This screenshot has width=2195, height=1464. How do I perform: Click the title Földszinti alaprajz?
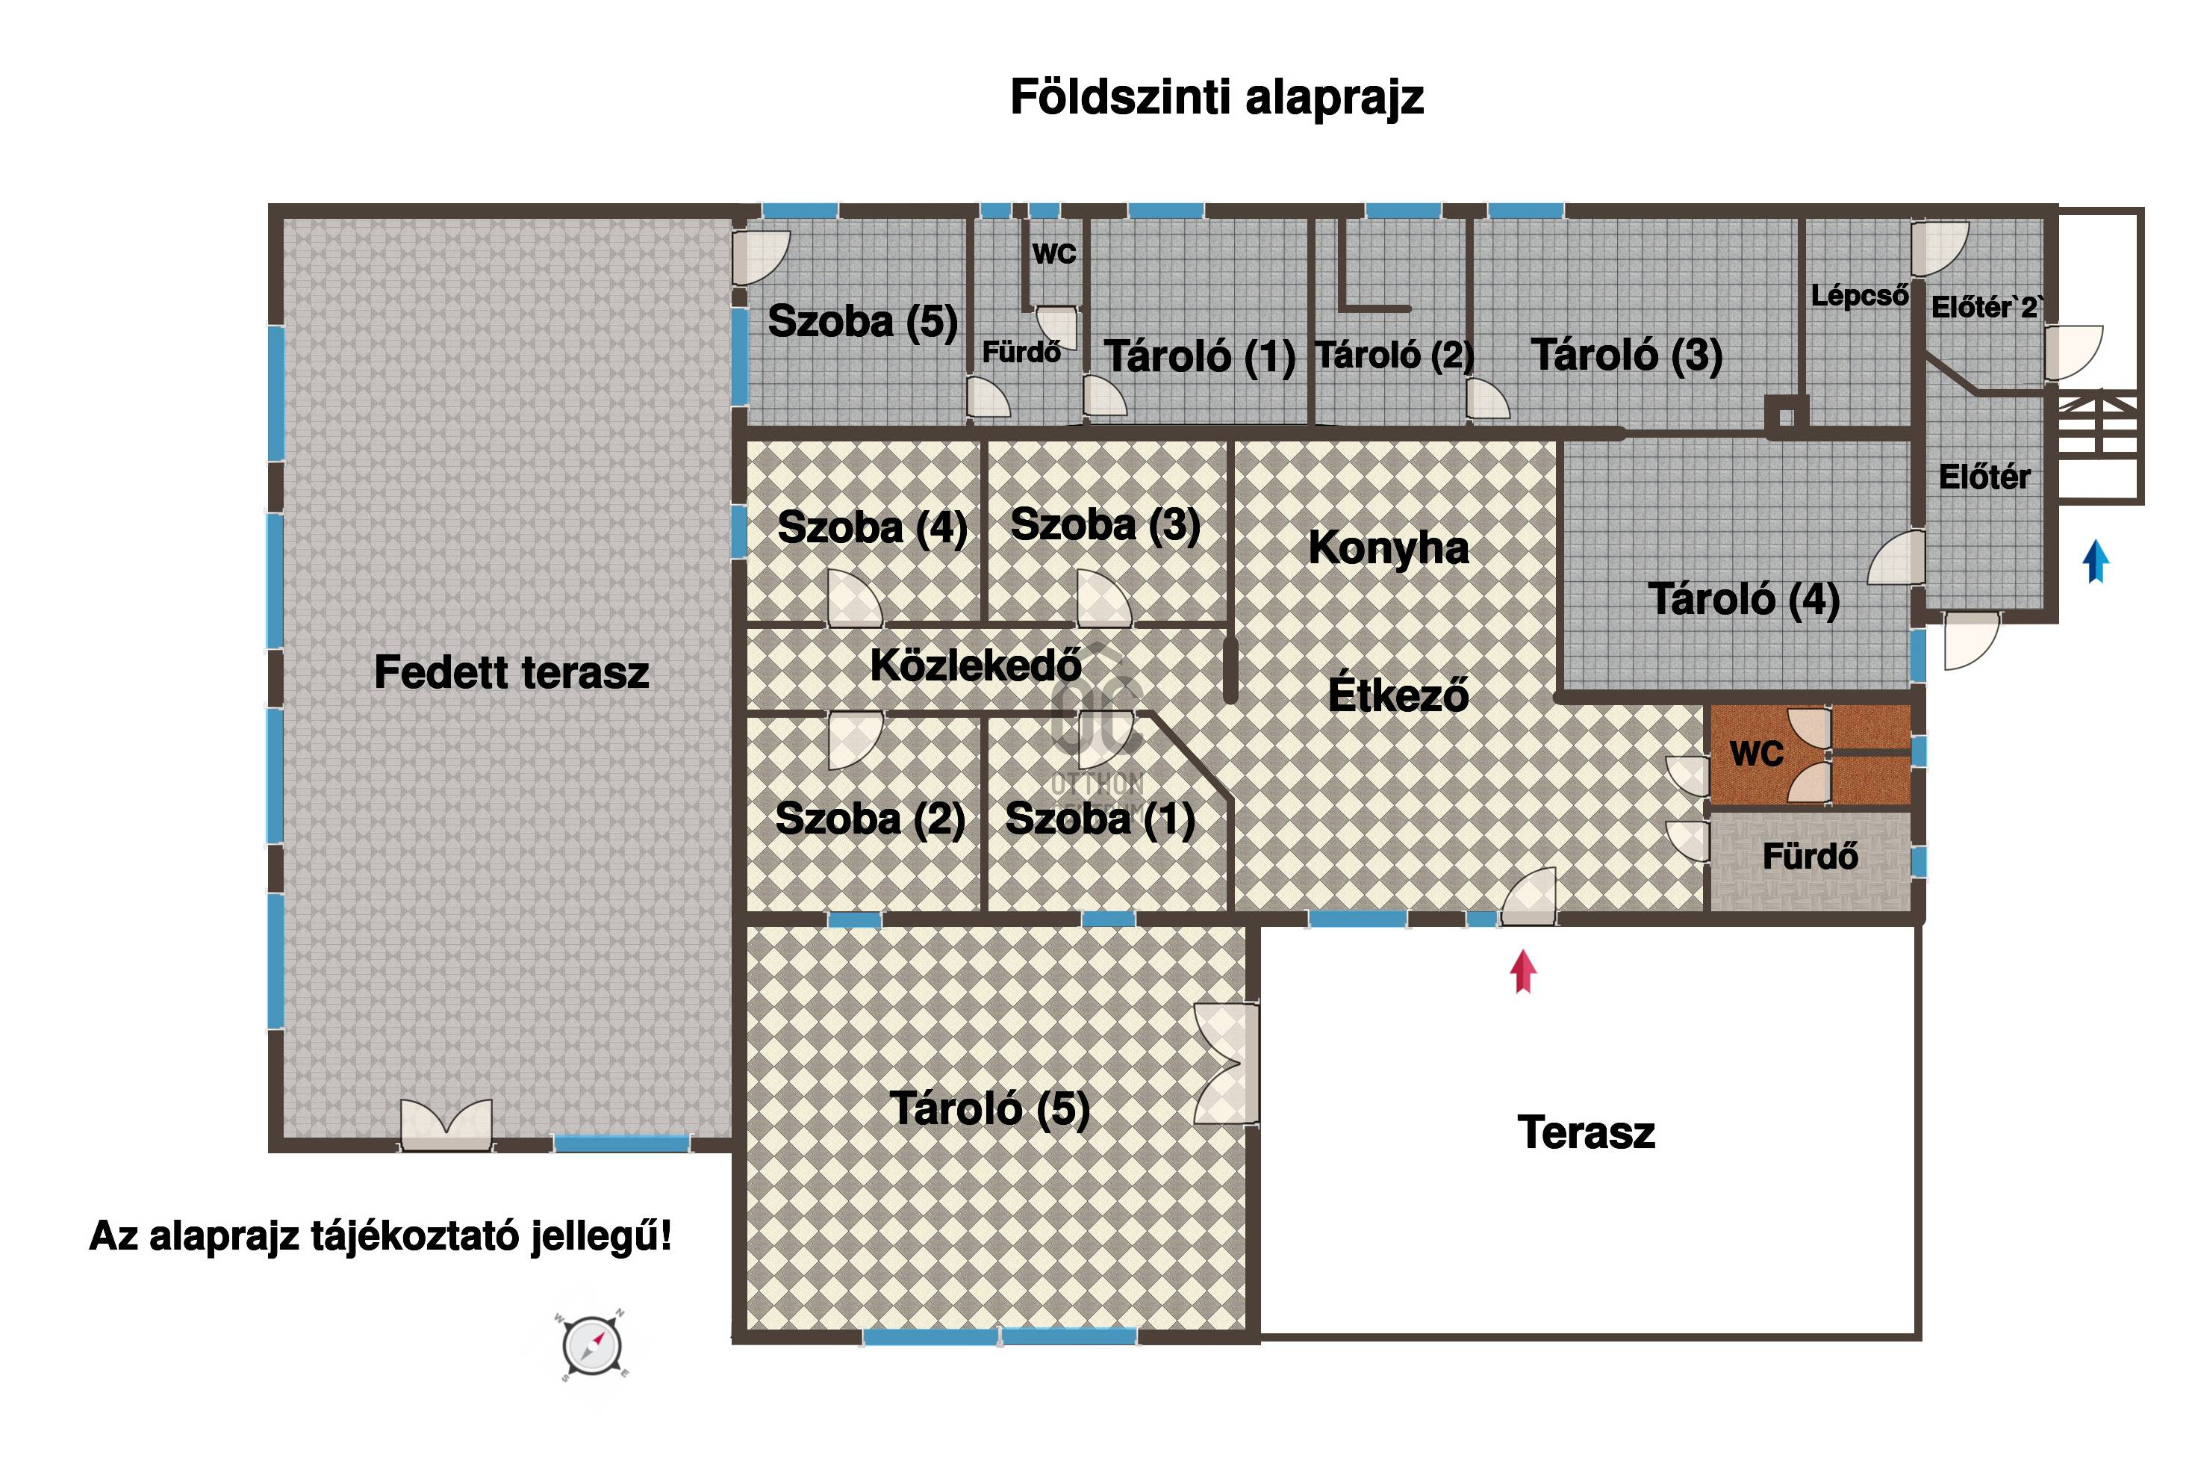click(x=1217, y=97)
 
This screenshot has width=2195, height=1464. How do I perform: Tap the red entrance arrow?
click(x=1523, y=972)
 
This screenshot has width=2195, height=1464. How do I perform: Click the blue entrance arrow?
click(x=2096, y=561)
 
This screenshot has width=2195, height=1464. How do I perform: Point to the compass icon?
click(x=593, y=1345)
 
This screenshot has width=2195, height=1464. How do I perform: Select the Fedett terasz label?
click(x=511, y=672)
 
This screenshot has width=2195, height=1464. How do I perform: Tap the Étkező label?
click(x=1398, y=695)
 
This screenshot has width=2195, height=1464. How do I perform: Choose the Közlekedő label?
click(x=975, y=665)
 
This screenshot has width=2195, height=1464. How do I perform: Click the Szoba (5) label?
click(x=862, y=321)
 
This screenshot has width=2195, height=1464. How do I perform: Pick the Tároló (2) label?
click(x=1395, y=355)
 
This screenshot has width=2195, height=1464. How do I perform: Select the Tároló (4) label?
click(x=1743, y=598)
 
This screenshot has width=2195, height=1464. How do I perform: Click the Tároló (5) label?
click(x=989, y=1108)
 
